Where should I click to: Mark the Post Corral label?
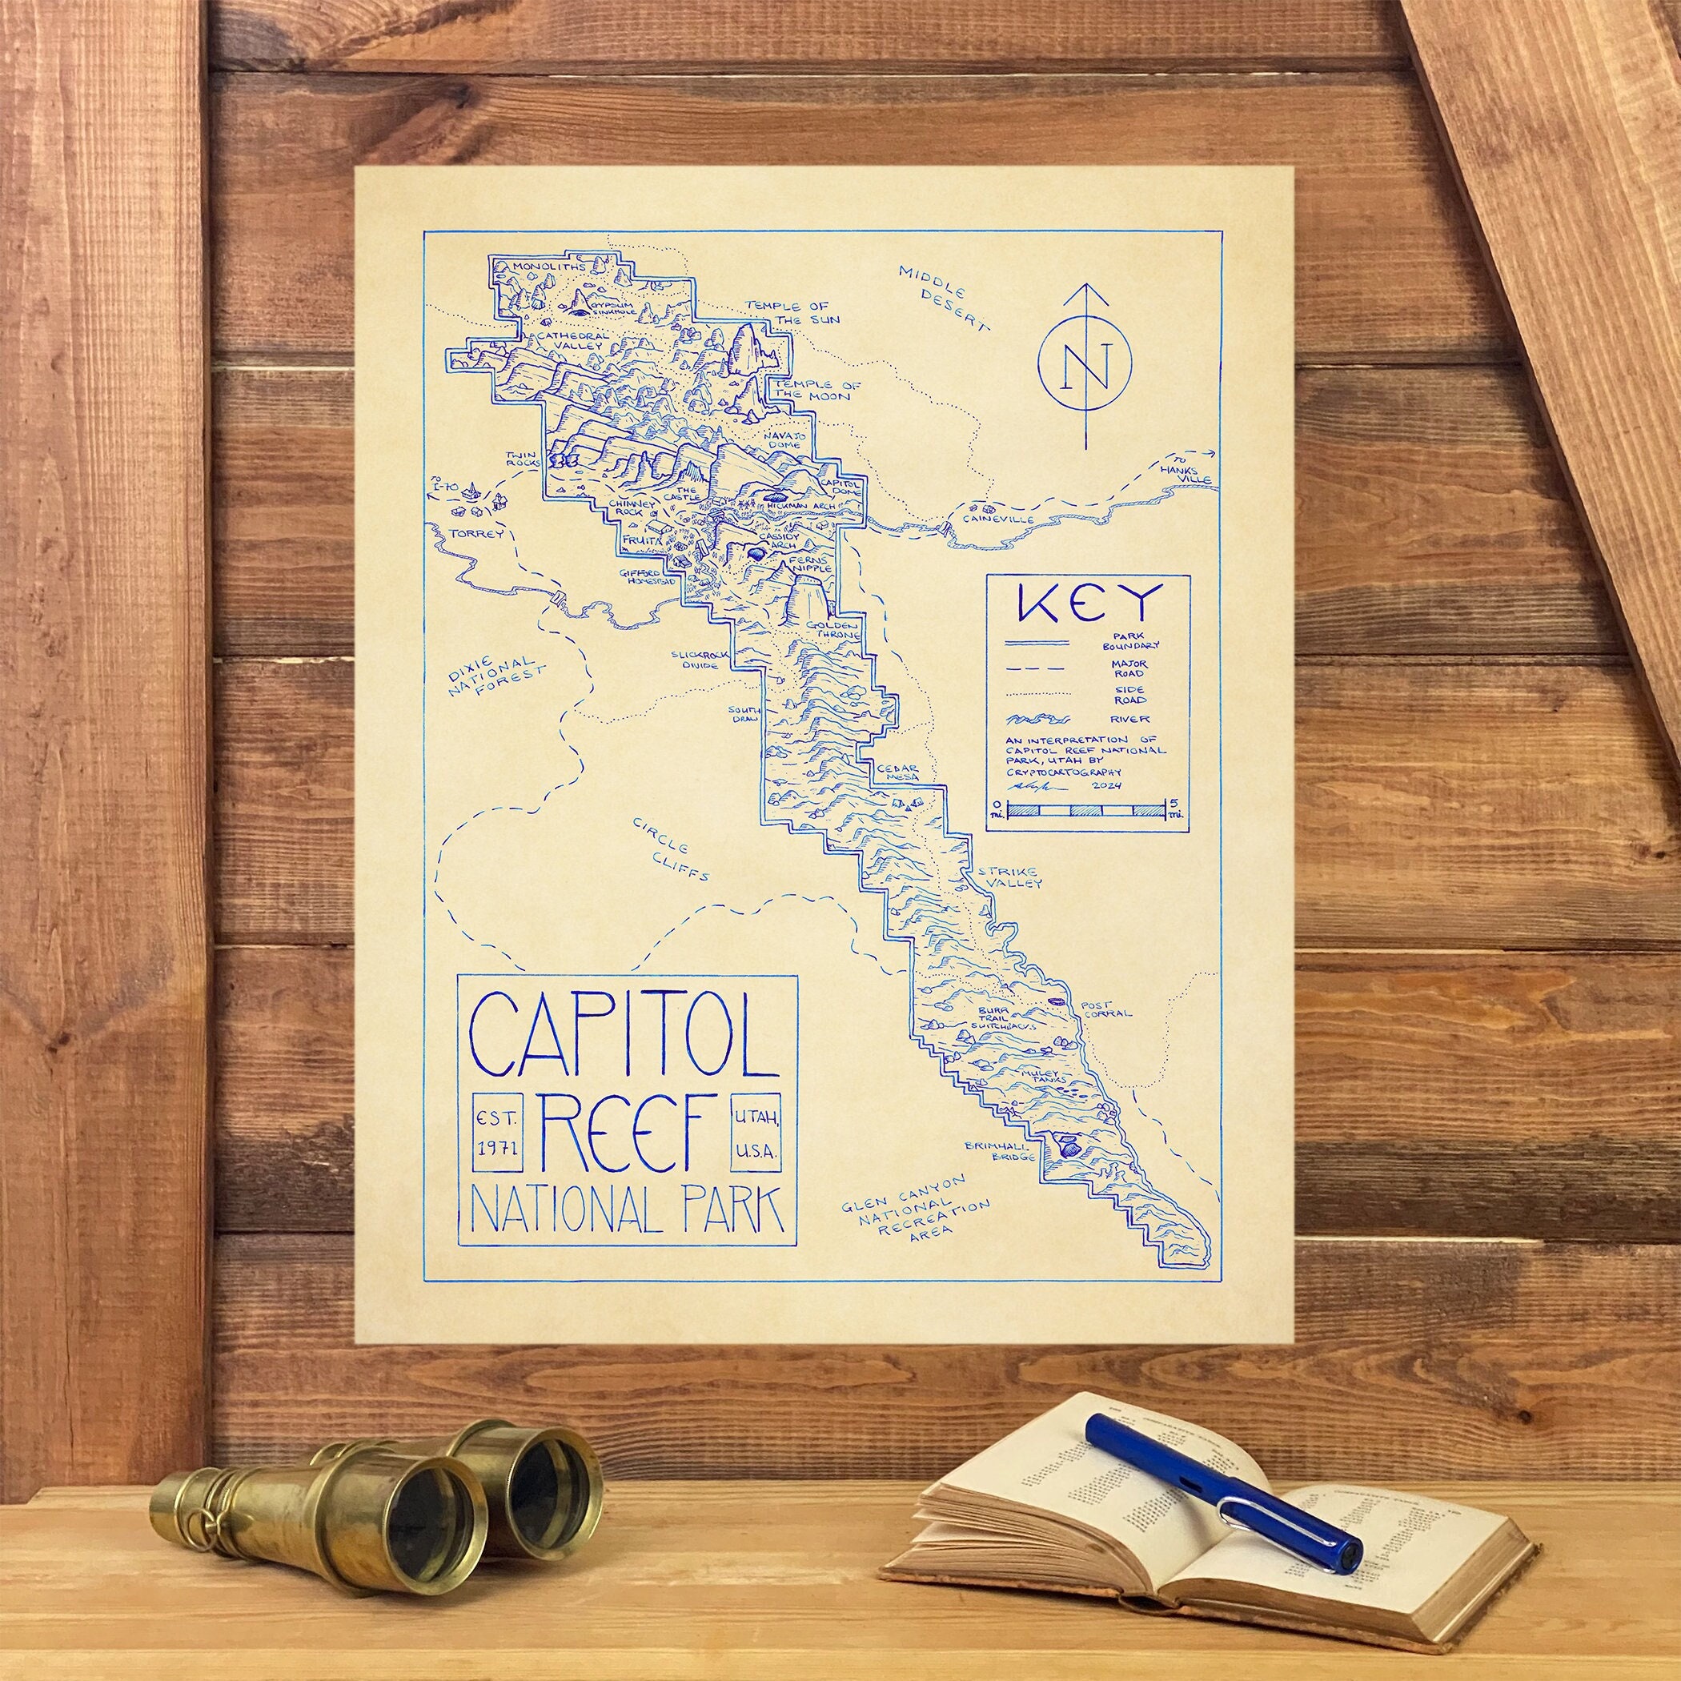click(1104, 1009)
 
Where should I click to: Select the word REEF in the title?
click(630, 1130)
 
